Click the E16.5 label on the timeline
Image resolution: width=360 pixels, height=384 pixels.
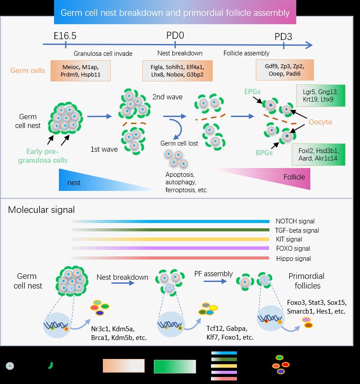coord(65,36)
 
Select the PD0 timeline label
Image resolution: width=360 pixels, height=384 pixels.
coord(175,36)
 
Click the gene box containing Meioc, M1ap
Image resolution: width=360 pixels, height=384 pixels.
coord(80,71)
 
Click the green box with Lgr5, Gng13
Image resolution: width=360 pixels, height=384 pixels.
coord(320,96)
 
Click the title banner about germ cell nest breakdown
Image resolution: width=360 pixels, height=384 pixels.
coord(175,12)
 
